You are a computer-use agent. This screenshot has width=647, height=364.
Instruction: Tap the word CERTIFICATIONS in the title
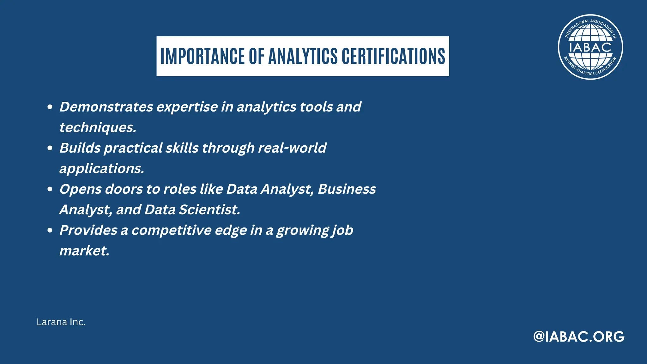(x=393, y=56)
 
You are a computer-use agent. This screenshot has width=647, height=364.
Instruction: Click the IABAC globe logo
(x=590, y=47)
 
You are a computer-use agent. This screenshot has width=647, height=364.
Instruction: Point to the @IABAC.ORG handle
(x=579, y=337)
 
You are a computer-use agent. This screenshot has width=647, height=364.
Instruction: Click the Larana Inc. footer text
(x=61, y=322)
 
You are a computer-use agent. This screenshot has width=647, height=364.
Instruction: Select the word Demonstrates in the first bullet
(x=106, y=107)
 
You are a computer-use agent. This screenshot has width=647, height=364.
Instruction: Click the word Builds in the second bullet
(x=80, y=148)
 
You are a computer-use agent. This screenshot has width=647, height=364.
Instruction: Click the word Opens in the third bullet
(x=80, y=189)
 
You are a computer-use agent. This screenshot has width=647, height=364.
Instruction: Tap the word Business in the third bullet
(x=347, y=189)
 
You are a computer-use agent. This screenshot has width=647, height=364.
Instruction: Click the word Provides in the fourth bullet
(x=88, y=230)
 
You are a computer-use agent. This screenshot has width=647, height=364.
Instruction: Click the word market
(x=84, y=251)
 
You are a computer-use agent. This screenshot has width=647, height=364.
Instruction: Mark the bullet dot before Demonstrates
(x=50, y=107)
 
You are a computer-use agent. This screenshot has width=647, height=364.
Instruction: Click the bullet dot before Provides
(x=50, y=230)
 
